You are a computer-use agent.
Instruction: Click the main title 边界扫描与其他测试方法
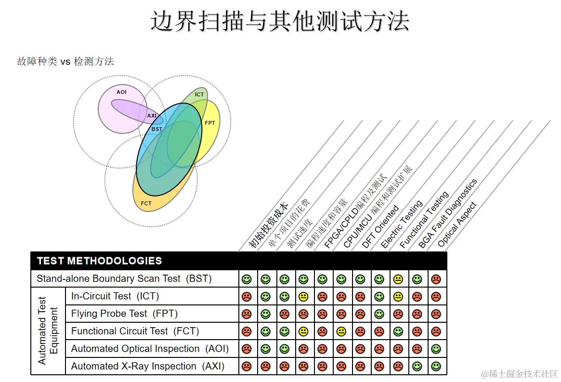point(280,21)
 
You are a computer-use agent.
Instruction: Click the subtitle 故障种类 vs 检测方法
point(65,61)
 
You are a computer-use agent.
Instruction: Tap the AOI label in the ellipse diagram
point(121,92)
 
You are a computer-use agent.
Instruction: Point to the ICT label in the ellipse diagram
point(199,94)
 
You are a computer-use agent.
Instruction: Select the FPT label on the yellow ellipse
point(210,123)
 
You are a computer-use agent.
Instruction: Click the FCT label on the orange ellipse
point(146,203)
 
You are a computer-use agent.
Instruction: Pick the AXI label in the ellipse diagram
point(152,116)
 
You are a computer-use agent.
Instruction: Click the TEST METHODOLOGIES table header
point(99,261)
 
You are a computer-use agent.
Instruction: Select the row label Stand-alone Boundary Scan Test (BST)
point(124,278)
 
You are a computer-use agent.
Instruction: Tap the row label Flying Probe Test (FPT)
point(124,314)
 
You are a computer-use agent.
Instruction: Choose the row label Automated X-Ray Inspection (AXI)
point(148,366)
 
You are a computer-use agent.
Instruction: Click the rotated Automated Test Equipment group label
point(48,330)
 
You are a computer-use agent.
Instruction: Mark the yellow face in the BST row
point(398,279)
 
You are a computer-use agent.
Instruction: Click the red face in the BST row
point(436,279)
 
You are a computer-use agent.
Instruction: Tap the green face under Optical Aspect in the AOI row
point(436,349)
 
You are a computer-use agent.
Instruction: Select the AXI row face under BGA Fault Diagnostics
point(417,366)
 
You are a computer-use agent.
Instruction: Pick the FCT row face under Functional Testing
point(398,331)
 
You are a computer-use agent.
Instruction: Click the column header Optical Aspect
point(457,224)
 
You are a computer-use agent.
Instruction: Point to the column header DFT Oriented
point(380,226)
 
